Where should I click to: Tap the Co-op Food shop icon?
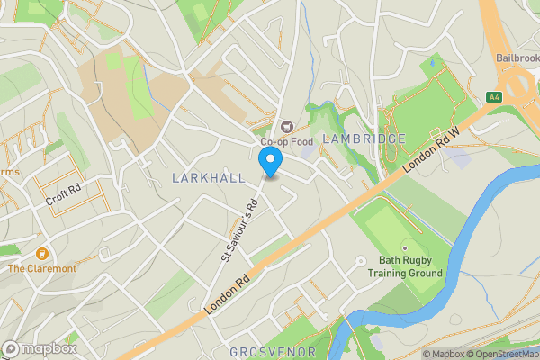click(288, 127)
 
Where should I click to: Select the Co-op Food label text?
click(286, 141)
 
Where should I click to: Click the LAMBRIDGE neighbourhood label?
click(364, 139)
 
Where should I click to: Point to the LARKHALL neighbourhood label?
click(208, 178)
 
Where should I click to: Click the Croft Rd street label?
click(63, 195)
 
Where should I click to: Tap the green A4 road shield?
click(493, 96)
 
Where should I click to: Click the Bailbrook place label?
click(518, 58)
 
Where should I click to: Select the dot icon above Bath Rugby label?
click(405, 246)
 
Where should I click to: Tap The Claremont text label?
click(42, 268)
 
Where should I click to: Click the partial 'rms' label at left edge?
click(9, 173)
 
